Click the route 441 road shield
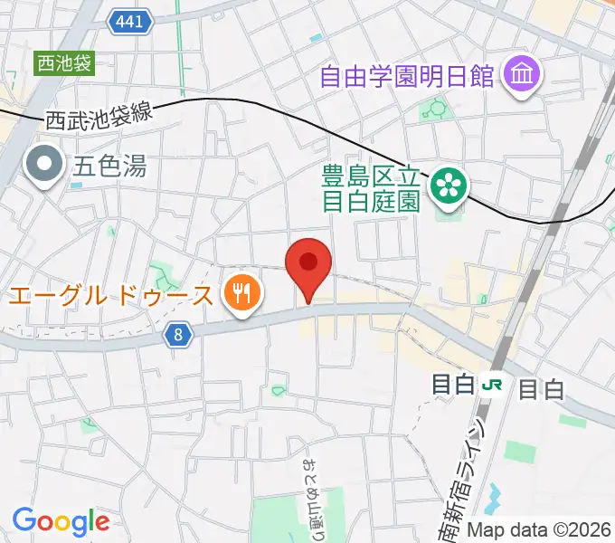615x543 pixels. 130,21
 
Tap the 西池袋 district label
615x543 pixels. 64,63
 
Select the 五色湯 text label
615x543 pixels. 109,167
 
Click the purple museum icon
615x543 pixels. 523,73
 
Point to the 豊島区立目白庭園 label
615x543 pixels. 373,185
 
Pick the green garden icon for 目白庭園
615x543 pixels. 447,186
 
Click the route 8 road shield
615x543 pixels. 179,335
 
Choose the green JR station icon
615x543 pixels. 493,386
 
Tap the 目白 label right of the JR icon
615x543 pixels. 542,389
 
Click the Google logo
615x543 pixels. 61,520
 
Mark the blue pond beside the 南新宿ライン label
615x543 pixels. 493,496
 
